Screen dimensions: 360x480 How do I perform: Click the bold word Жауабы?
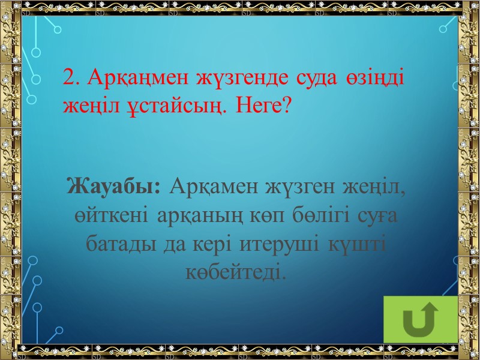click(x=114, y=187)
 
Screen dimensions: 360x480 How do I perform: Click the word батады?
click(x=119, y=244)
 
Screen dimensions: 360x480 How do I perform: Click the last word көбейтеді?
click(x=233, y=273)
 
